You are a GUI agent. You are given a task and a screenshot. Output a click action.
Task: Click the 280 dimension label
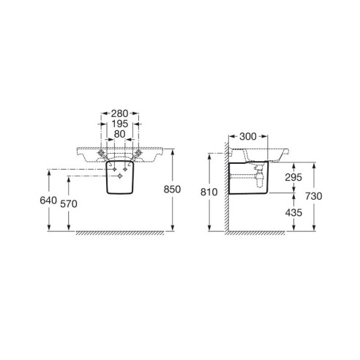pos(119,113)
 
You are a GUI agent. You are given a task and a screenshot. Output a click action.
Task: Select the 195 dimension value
pos(120,124)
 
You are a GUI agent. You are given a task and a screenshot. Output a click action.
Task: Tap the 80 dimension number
pos(119,134)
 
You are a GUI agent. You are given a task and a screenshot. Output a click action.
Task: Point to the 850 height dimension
pos(172,190)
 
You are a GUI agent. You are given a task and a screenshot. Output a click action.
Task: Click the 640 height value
pos(48,200)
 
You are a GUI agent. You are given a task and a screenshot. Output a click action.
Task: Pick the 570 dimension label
pos(69,204)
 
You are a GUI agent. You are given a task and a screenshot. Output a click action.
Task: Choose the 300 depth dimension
pos(248,137)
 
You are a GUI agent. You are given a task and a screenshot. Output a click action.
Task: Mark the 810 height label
pos(209,192)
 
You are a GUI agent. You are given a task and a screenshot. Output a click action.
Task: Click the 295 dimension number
pos(293,177)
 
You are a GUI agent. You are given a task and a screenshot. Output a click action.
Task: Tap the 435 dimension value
pos(293,213)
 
